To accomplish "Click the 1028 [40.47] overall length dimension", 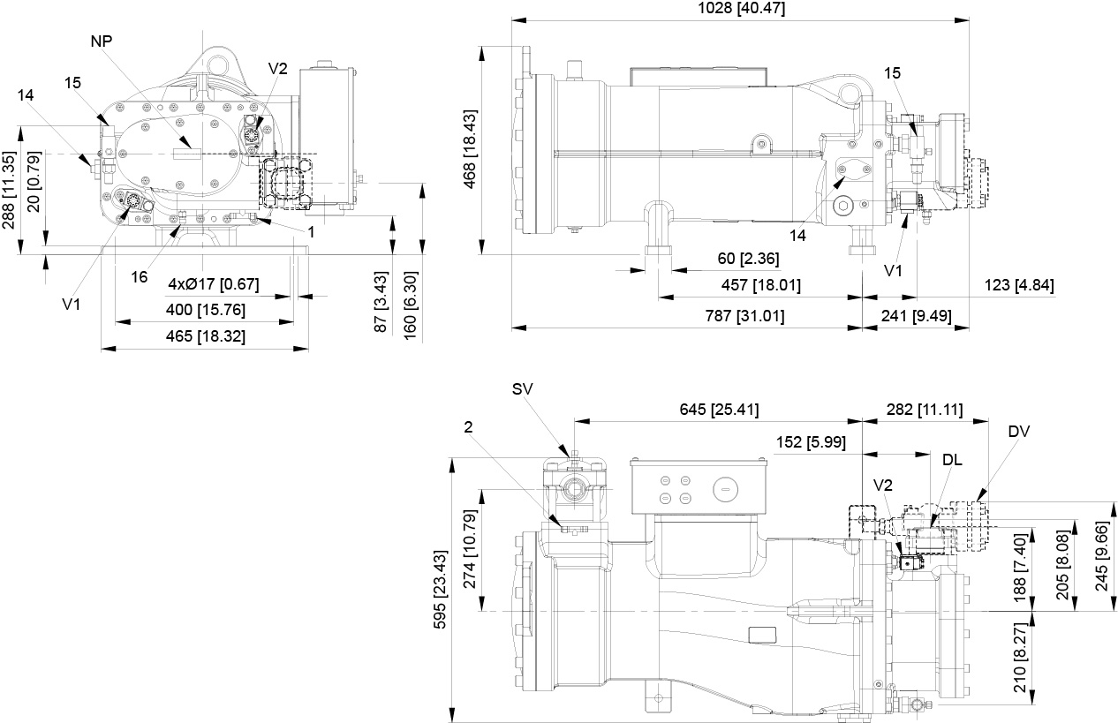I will coord(740,9).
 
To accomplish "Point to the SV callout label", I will coord(523,389).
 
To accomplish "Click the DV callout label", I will coord(1018,432).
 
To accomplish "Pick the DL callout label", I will coord(953,461).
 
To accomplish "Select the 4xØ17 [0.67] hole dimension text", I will coord(214,284).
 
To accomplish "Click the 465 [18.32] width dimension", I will coord(205,336).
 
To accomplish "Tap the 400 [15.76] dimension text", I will coord(205,310).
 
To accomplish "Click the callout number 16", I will coord(140,276).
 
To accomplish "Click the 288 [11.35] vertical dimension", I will coord(10,190).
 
